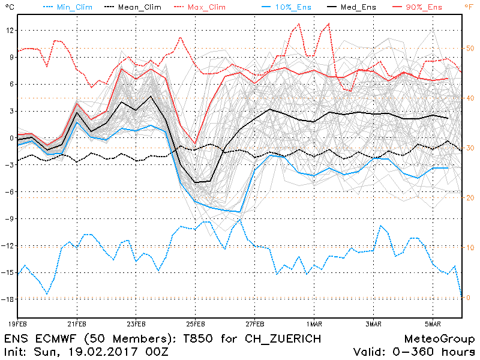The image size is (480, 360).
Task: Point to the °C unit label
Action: coord(7,6)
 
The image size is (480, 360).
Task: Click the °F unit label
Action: coord(469,6)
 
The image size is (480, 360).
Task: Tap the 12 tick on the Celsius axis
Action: coord(8,31)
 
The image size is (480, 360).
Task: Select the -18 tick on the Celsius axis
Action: coord(7,299)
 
